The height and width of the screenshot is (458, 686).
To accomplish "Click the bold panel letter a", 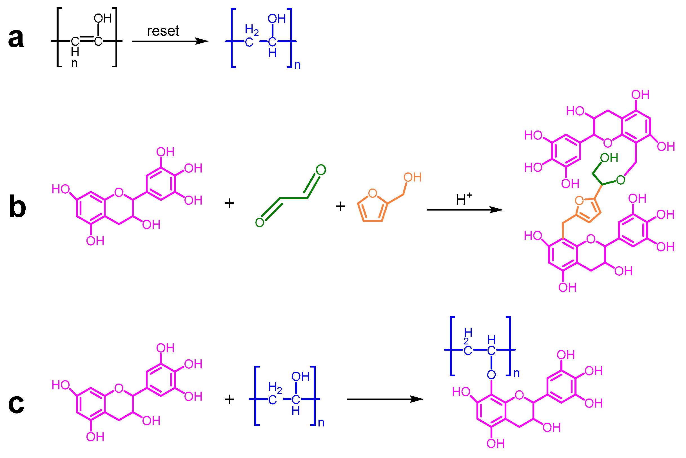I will [x=16, y=39].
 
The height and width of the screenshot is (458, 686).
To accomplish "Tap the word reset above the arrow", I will [x=163, y=31].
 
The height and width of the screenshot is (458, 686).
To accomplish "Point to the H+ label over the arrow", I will [x=464, y=199].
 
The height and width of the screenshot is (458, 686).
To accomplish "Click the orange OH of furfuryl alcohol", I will [x=412, y=177].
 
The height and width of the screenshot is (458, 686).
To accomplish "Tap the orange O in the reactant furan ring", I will [x=373, y=193].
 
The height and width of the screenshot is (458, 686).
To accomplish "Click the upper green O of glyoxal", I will [x=321, y=170].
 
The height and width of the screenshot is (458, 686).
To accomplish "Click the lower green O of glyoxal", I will [x=259, y=223].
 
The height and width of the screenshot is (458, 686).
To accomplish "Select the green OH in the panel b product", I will [x=609, y=158].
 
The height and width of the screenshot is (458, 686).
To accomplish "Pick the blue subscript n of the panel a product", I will [x=297, y=65].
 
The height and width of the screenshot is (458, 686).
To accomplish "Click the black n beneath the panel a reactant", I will [x=74, y=63].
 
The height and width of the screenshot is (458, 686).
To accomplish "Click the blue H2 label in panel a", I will [x=251, y=30].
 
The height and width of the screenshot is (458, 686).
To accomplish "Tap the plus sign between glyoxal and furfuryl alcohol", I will [x=340, y=206].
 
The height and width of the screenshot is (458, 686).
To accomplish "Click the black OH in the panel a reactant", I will [x=103, y=19].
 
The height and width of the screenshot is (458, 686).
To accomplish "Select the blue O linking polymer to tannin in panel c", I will [x=491, y=375].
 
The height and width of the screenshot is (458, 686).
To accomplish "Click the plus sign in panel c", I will [x=229, y=399].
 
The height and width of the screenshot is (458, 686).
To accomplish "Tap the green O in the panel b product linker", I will [x=620, y=180].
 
